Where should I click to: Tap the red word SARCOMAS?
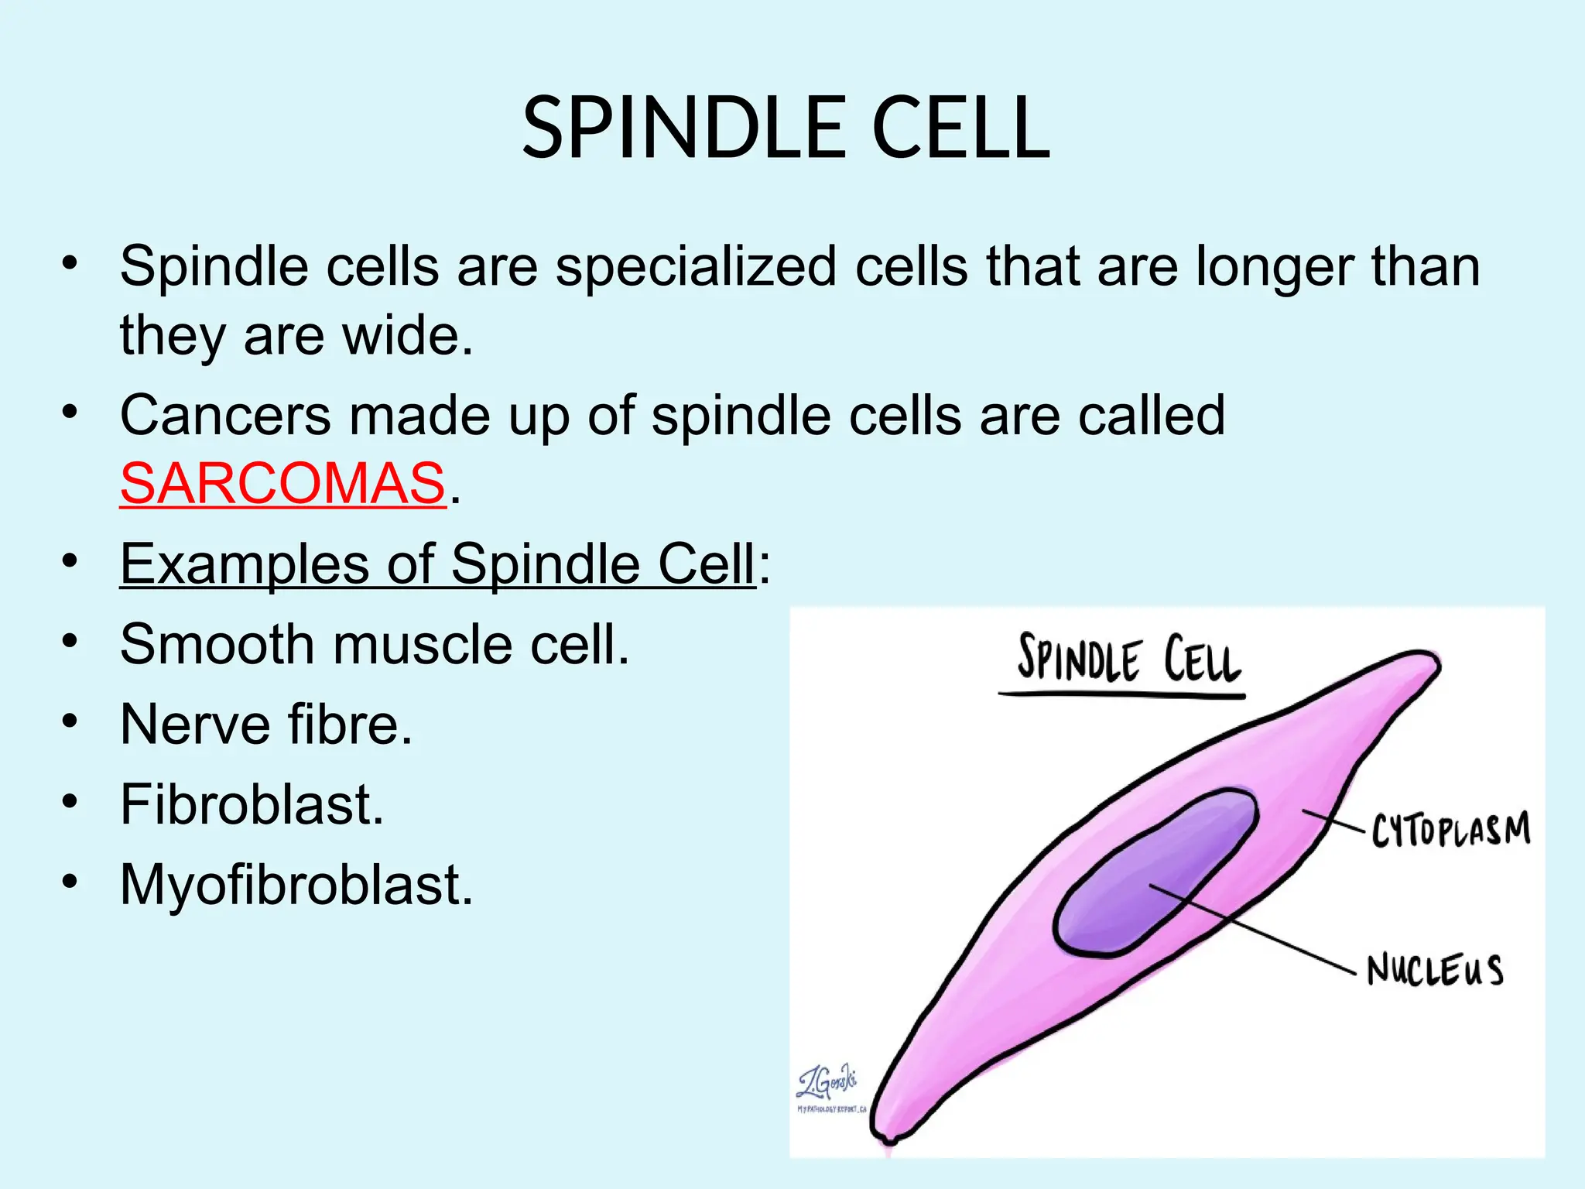tap(282, 484)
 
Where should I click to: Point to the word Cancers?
tap(225, 416)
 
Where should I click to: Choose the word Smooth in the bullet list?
tap(217, 644)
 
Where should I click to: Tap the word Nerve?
tap(195, 725)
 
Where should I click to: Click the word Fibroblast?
tap(252, 805)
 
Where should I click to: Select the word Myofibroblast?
tap(296, 885)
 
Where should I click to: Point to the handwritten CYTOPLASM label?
tap(1450, 830)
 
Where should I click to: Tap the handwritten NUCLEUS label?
tap(1434, 970)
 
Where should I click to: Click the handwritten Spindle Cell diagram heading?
tap(1128, 660)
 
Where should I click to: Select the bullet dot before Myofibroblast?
tap(70, 882)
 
